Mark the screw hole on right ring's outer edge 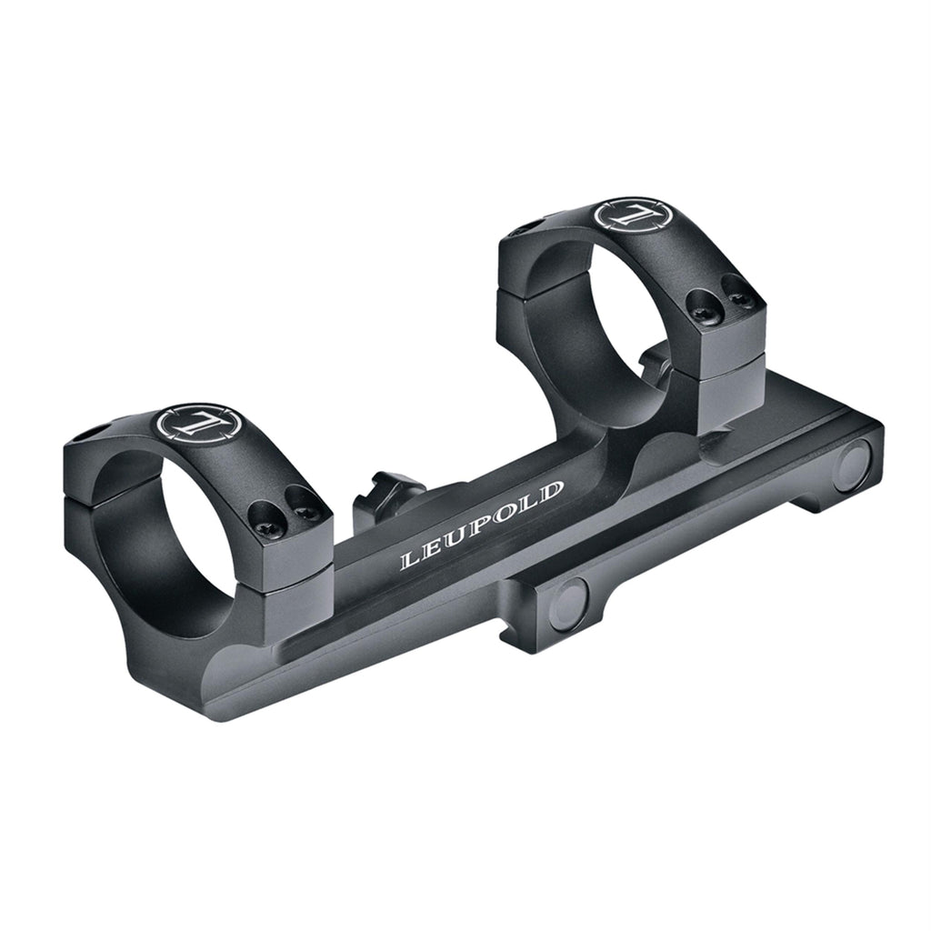[x=527, y=225]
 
